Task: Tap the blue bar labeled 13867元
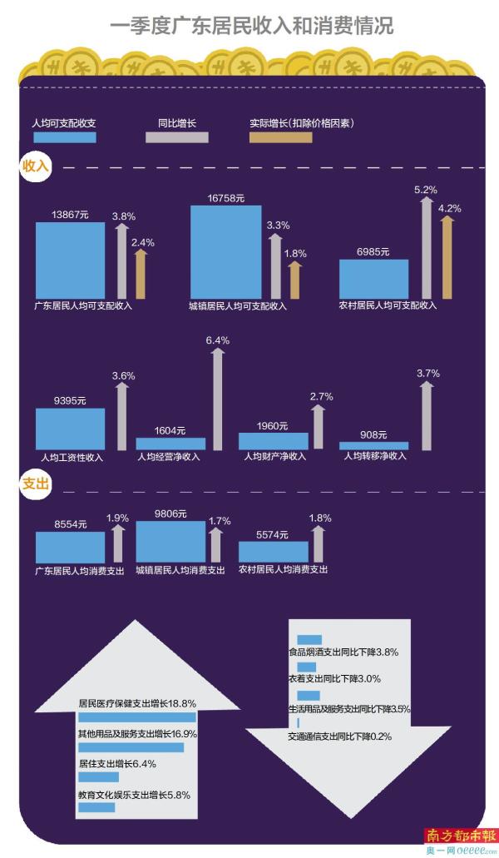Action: pos(70,260)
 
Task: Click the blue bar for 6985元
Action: pos(374,278)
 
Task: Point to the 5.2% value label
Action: pos(425,190)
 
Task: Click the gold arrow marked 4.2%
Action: pos(447,258)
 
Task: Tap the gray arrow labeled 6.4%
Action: pos(217,399)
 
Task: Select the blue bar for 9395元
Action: pos(70,429)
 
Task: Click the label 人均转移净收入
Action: pos(375,456)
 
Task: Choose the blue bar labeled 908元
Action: pos(374,445)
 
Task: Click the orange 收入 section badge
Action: pos(36,166)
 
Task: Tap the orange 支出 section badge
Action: pos(36,483)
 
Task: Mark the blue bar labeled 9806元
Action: pos(170,541)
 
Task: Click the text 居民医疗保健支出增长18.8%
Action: pos(136,702)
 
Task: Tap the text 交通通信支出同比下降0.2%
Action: pos(339,736)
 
